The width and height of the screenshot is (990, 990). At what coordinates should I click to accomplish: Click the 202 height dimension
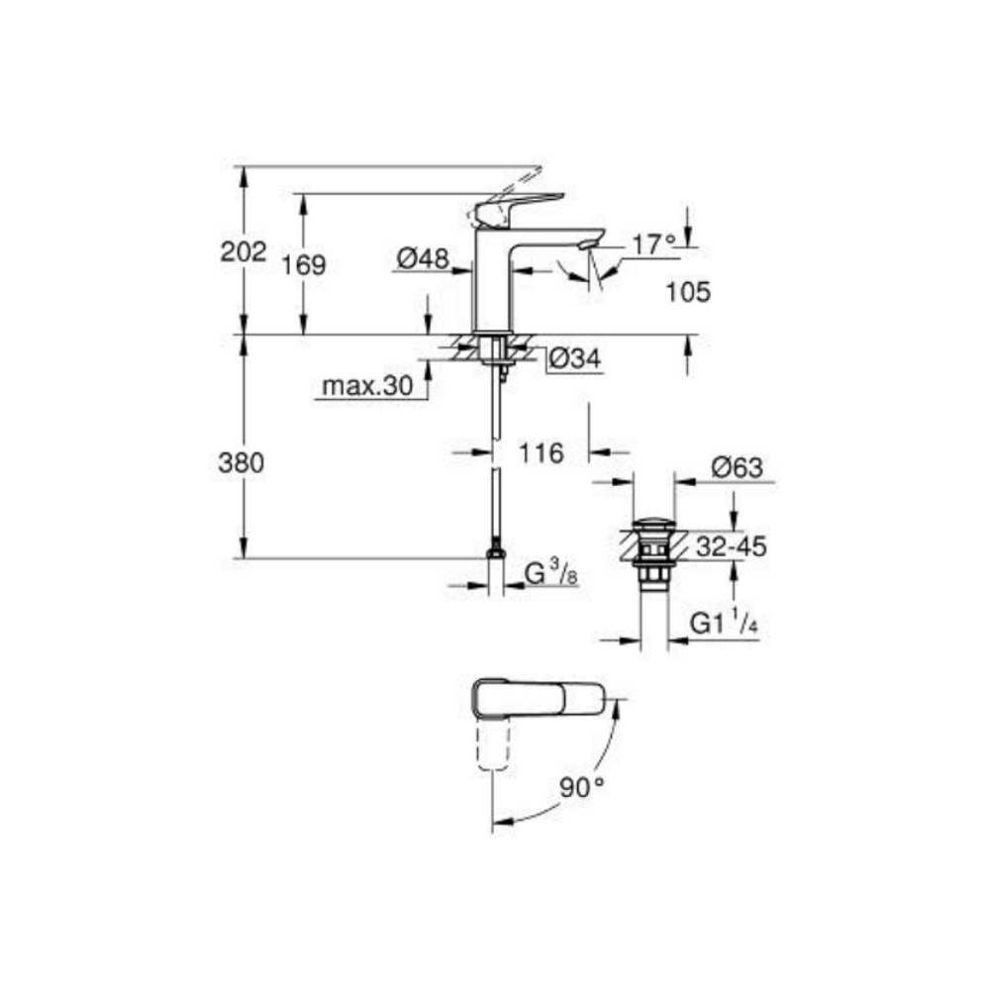[243, 251]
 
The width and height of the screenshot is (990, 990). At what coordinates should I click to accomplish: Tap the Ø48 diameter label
[423, 260]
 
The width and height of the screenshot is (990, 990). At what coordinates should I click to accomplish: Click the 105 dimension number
[689, 292]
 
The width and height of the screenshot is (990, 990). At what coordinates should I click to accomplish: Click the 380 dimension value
[242, 462]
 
